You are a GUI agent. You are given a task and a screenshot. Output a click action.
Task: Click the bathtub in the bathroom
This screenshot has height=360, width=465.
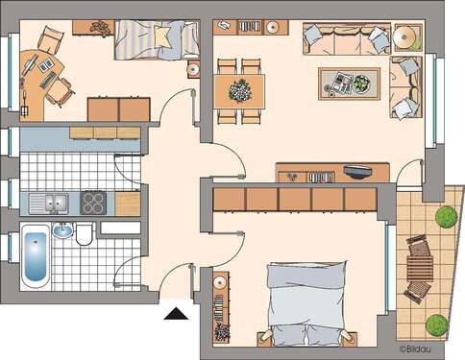[34, 256]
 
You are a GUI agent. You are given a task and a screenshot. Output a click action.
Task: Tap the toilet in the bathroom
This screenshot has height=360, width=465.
[85, 232]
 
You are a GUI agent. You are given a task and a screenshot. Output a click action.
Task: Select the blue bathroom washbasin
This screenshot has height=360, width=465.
[62, 230]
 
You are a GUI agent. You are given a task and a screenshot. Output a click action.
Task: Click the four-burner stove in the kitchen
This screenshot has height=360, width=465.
[94, 203]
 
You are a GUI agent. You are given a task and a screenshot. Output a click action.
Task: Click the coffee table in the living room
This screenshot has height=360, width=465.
[349, 84]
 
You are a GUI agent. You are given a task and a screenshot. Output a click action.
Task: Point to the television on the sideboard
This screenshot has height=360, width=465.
[356, 172]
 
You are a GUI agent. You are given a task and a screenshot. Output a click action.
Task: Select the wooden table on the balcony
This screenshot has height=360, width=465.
[418, 269]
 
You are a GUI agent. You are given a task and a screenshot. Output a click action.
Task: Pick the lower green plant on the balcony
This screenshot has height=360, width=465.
[436, 324]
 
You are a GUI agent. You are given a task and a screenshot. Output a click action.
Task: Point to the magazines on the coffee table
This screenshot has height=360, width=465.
[339, 80]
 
